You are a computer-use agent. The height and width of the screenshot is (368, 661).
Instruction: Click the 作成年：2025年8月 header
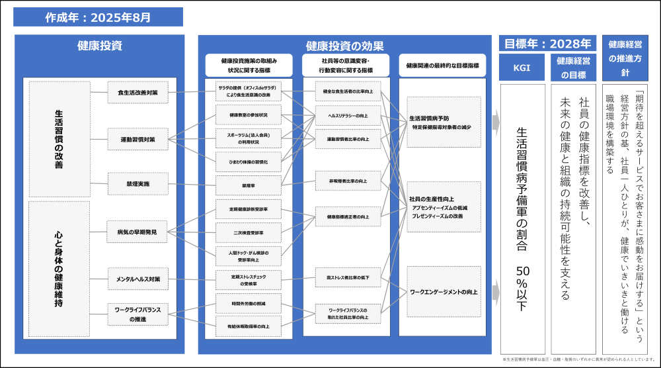98,17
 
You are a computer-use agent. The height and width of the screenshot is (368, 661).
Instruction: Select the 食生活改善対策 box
137,93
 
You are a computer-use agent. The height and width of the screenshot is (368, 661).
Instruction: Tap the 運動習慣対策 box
137,139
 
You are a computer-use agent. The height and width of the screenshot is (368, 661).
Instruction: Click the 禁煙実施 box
137,183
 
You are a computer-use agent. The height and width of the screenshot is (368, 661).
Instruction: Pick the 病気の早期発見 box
137,232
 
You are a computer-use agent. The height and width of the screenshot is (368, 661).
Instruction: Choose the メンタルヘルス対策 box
137,279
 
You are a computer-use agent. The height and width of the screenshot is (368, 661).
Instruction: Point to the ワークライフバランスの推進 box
137,314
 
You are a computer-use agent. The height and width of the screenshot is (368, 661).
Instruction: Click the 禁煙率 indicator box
249,185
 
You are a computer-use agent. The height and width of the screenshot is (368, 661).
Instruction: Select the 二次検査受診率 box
249,233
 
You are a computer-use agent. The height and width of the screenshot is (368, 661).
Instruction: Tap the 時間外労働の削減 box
249,303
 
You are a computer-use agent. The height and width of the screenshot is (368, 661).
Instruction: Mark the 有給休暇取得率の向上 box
249,326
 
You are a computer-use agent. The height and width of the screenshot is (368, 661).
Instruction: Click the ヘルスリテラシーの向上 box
348,115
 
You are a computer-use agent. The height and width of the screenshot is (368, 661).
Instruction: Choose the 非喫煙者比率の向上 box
348,181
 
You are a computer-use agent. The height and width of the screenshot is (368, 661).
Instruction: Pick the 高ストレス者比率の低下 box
348,277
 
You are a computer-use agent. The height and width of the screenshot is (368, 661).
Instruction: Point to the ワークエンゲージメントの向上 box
444,291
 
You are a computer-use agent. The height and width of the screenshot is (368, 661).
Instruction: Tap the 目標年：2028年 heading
548,44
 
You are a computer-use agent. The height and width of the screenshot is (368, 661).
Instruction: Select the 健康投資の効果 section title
344,46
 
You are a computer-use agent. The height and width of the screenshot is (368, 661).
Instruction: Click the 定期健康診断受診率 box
249,209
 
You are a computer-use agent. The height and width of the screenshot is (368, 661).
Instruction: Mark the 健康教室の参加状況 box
249,115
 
